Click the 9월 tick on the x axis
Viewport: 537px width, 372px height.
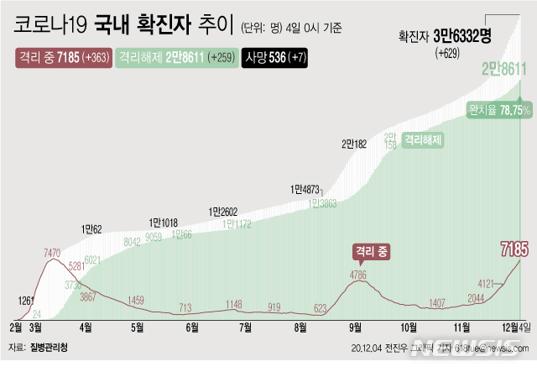pos(355,327)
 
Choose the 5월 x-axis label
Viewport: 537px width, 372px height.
pos(138,327)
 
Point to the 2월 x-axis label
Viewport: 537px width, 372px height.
pos(16,327)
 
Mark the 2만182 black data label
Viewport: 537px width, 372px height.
pos(353,144)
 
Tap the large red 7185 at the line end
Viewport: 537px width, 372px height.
pos(513,249)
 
